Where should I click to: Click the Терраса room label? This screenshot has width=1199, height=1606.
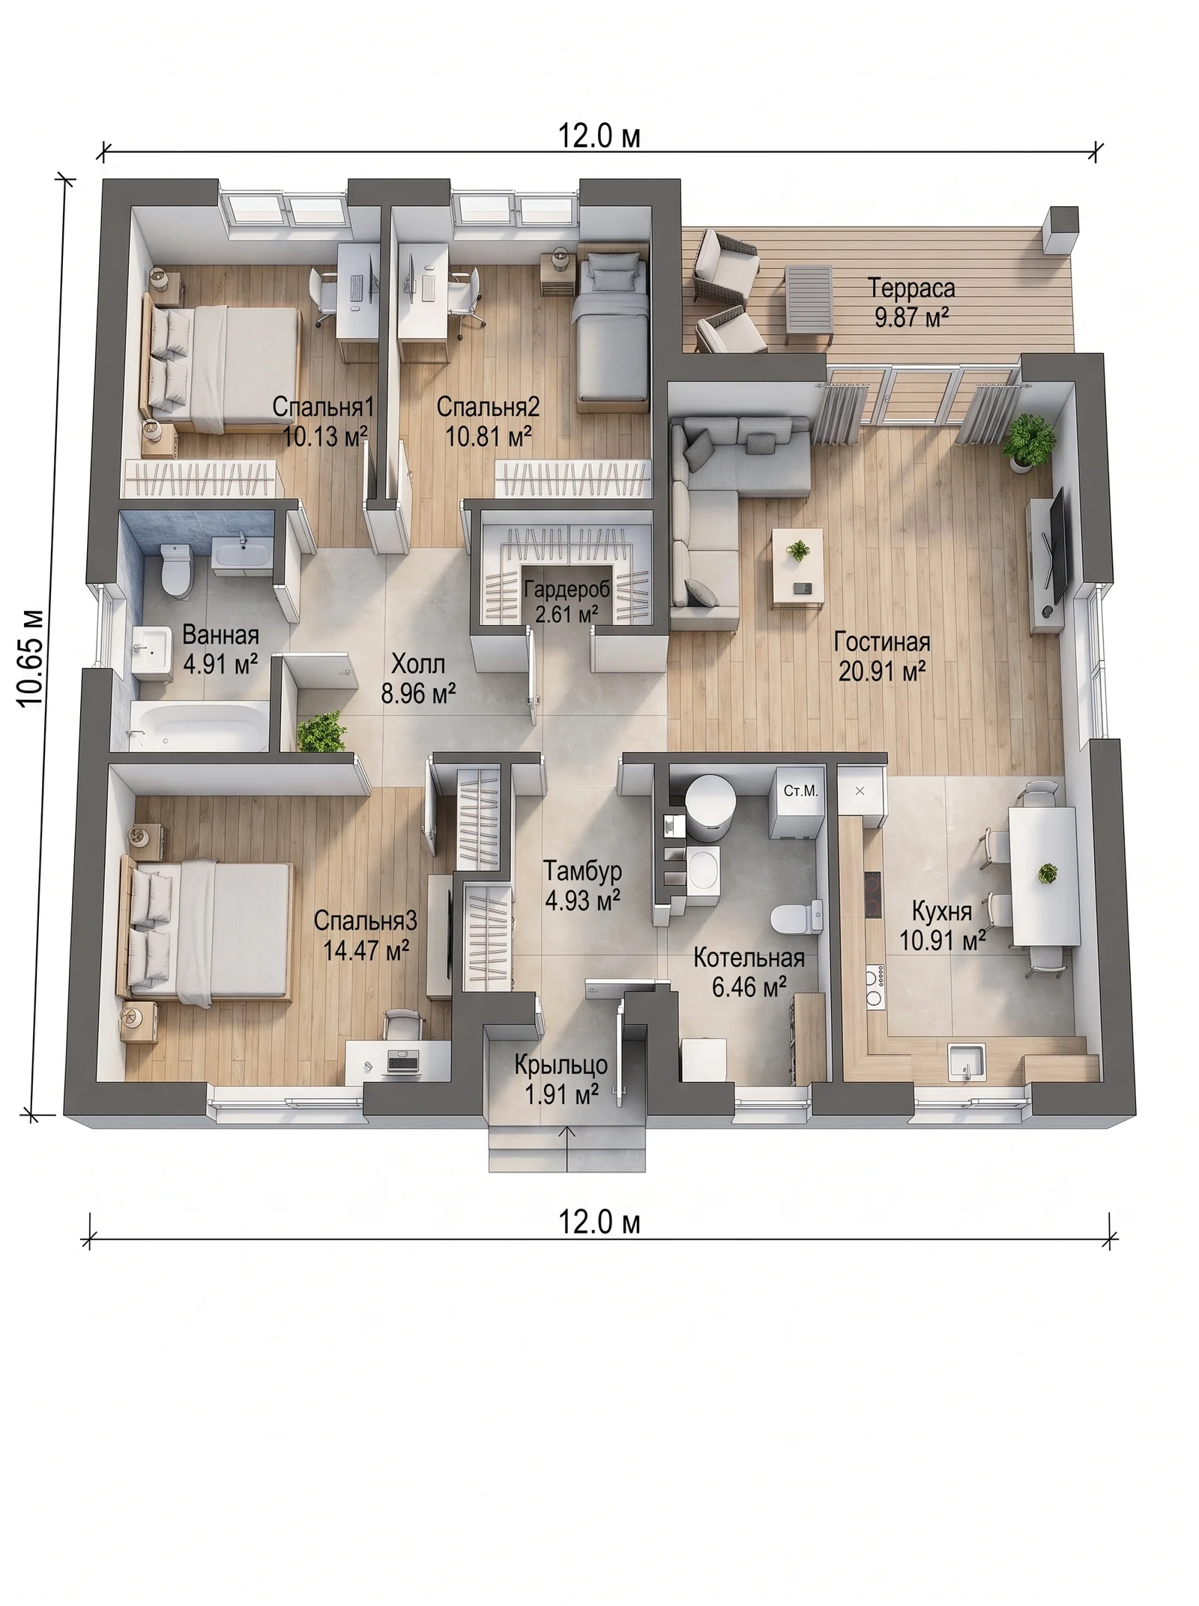pyautogui.click(x=911, y=289)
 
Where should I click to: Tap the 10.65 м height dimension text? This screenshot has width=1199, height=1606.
pyautogui.click(x=31, y=657)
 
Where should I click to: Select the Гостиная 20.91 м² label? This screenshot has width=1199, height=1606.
pyautogui.click(x=882, y=656)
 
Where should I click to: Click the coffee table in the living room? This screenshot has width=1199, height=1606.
pyautogui.click(x=798, y=567)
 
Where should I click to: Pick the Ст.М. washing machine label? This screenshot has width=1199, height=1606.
pyautogui.click(x=800, y=791)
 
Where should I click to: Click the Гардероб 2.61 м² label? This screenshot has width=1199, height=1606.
pyautogui.click(x=567, y=601)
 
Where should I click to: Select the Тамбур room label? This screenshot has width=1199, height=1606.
pyautogui.click(x=582, y=871)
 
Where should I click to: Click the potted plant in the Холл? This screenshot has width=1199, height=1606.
pyautogui.click(x=321, y=731)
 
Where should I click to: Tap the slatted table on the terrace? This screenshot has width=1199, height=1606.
pyautogui.click(x=809, y=306)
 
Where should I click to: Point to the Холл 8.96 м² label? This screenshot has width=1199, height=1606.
pyautogui.click(x=418, y=679)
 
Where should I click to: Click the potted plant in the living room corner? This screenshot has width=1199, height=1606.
pyautogui.click(x=1029, y=444)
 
